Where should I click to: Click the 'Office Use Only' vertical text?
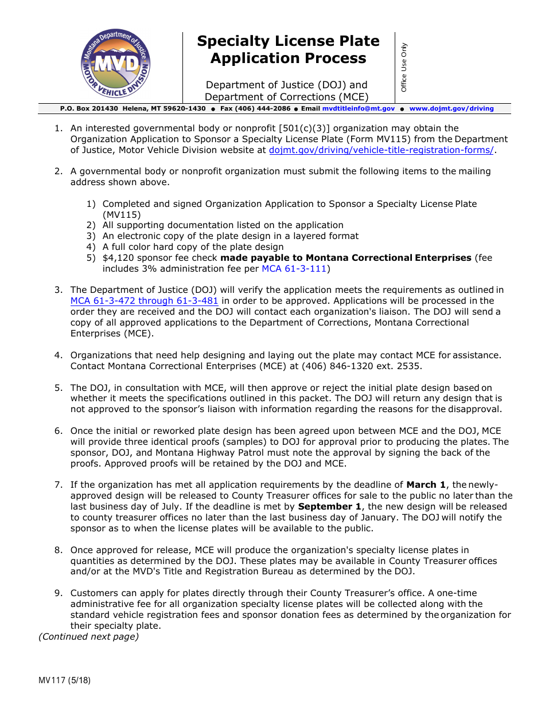point(403,67)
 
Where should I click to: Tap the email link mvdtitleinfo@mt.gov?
point(358,108)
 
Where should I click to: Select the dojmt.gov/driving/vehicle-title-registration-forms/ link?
point(381,150)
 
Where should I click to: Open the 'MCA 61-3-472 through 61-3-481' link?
point(144,300)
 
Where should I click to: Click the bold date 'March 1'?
point(427,485)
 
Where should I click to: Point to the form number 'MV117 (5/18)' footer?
point(64,681)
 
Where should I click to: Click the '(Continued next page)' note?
point(88,636)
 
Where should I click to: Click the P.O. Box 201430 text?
point(89,108)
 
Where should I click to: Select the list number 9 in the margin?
point(58,593)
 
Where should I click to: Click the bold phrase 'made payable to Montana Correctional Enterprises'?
point(346,258)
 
